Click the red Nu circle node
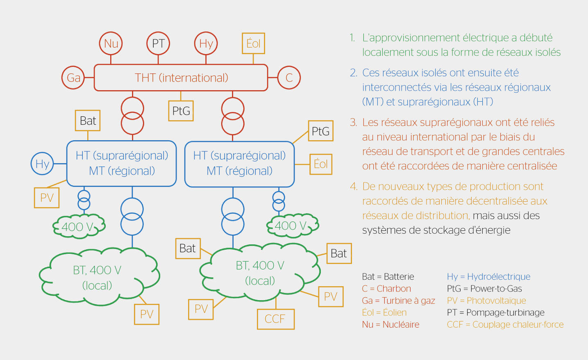pyautogui.click(x=111, y=43)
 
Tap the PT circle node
pyautogui.click(x=158, y=43)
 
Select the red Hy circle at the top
pyautogui.click(x=206, y=43)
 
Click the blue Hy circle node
pyautogui.click(x=42, y=164)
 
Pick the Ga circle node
pyautogui.click(x=73, y=77)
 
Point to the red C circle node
pyautogui.click(x=289, y=77)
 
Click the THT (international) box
pyautogui.click(x=181, y=77)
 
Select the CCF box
pyautogui.click(x=275, y=319)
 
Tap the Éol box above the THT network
pyautogui.click(x=253, y=43)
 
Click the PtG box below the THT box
pyautogui.click(x=181, y=111)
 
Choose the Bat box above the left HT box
pyautogui.click(x=88, y=121)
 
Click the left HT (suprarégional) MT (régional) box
pyautogui.click(x=122, y=163)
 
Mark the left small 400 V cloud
pyautogui.click(x=79, y=226)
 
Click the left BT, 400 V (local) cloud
pyautogui.click(x=98, y=277)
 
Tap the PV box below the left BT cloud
pyautogui.click(x=147, y=314)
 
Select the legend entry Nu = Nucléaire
pyautogui.click(x=390, y=324)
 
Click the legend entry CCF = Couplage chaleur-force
pyautogui.click(x=505, y=324)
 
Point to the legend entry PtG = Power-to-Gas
pyautogui.click(x=484, y=288)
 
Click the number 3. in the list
pyautogui.click(x=354, y=122)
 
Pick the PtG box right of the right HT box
pyautogui.click(x=320, y=131)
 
